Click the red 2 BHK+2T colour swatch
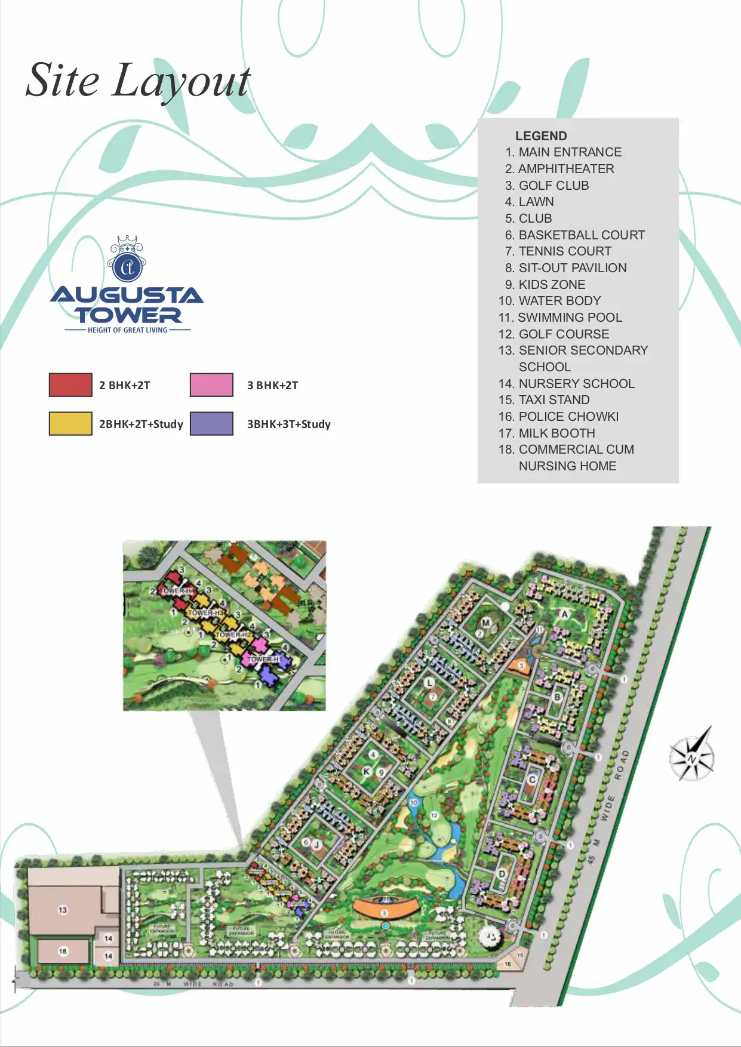pos(70,385)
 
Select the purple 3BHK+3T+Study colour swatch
pos(211,424)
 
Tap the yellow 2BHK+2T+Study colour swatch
pos(70,424)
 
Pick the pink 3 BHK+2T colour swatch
pos(211,385)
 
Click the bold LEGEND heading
pos(541,136)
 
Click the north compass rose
pos(693,755)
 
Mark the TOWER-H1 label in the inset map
pos(263,659)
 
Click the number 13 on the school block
pos(63,910)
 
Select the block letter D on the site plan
pos(502,874)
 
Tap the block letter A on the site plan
pos(564,614)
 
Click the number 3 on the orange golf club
pos(385,913)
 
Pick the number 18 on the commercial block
pos(63,951)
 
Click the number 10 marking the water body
pos(414,803)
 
